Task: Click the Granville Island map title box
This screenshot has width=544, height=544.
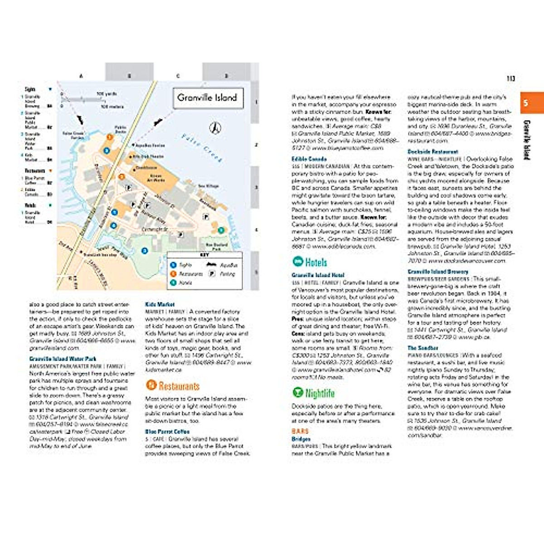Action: coord(208,97)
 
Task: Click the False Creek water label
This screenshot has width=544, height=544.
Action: coord(202,148)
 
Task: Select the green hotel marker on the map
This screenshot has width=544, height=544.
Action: coord(221,230)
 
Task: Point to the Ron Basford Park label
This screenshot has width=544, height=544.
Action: coord(216,247)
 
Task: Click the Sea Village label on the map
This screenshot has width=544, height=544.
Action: coord(208,186)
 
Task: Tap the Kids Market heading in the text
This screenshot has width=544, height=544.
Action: coord(160,304)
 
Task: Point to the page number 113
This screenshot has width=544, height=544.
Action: coord(510,78)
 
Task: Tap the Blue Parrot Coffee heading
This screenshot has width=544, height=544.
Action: coord(167,432)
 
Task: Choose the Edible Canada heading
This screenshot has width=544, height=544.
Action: coord(309,159)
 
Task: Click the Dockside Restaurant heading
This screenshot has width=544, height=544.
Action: coord(432,151)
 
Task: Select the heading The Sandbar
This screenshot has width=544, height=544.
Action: coord(423,348)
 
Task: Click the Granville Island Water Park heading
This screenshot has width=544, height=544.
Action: coord(63,359)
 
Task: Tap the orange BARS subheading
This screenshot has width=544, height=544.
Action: coord(300,431)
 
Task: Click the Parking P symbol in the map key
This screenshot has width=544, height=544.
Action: coord(211,274)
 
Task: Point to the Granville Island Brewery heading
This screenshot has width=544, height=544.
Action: coord(437,272)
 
